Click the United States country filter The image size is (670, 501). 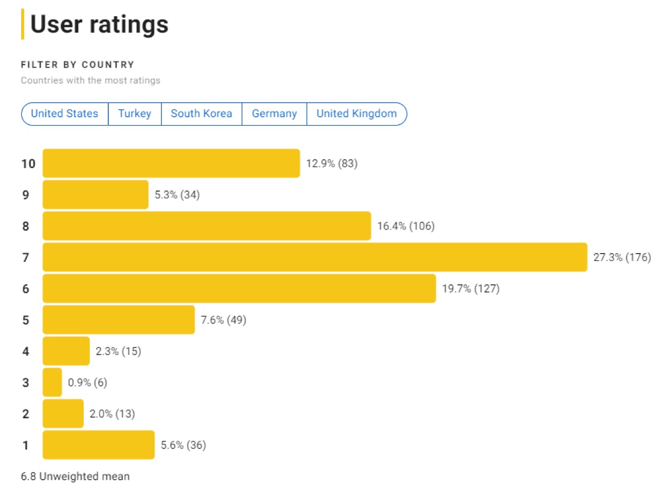(64, 114)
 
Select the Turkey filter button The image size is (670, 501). (135, 114)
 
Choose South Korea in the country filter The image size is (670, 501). (201, 114)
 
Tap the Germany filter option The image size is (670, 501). (274, 114)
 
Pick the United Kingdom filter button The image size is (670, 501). (356, 114)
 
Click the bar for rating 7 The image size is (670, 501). (315, 257)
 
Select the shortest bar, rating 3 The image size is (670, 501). (52, 383)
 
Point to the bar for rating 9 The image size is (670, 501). (95, 195)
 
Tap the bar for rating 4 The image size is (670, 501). (66, 351)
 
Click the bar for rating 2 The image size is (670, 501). (63, 414)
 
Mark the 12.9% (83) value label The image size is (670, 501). (332, 164)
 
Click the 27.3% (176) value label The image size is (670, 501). (622, 257)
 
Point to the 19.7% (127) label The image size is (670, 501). (471, 289)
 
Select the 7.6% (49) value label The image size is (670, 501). (223, 320)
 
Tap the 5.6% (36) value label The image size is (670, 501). (183, 445)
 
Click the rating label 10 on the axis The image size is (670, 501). (28, 164)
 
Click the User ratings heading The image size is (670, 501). (99, 25)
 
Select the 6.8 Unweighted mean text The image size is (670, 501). (75, 476)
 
